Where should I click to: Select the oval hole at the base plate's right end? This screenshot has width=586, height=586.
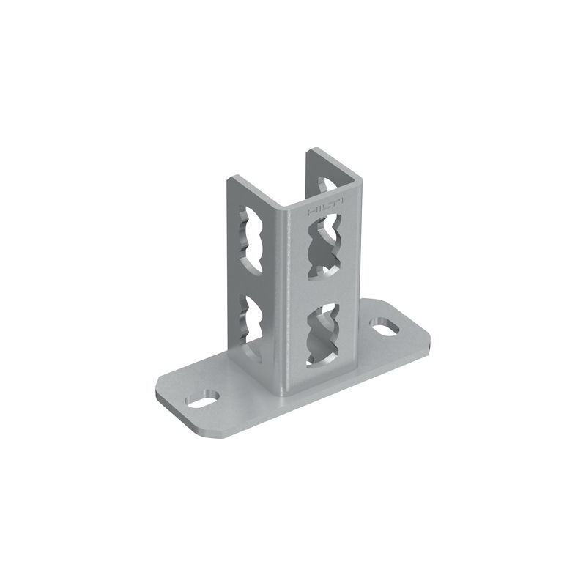point(385,325)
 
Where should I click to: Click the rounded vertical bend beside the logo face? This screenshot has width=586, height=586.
point(293,293)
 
